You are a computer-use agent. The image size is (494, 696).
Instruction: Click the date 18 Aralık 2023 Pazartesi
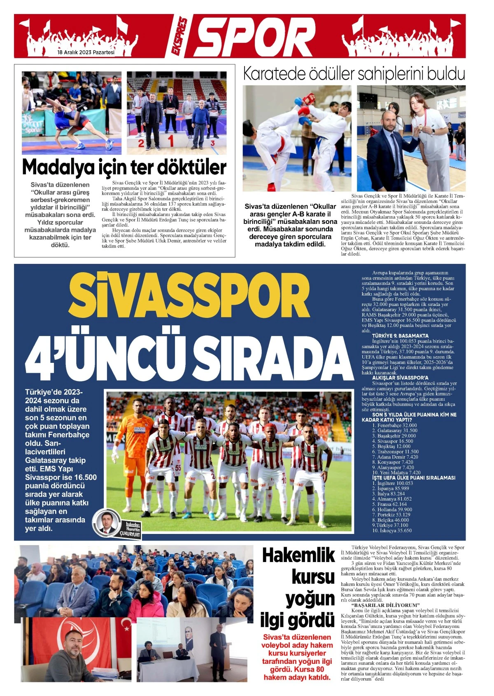[86, 53]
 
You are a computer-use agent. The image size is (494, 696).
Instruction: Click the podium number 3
[212, 143]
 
